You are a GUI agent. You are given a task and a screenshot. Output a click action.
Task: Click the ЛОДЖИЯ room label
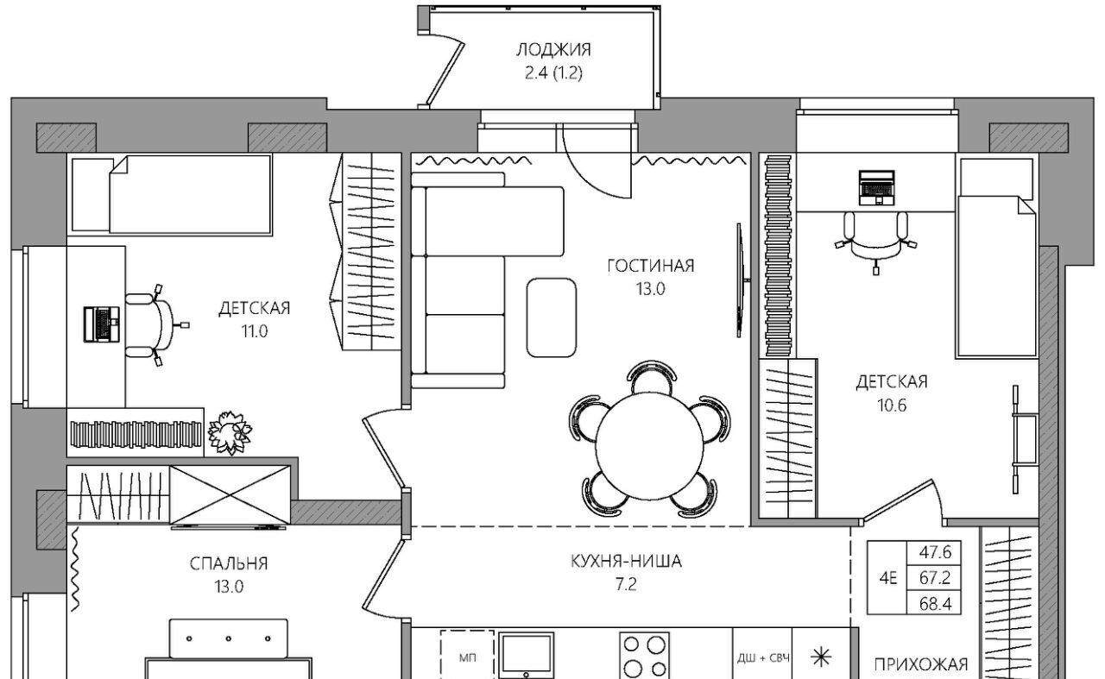(x=553, y=50)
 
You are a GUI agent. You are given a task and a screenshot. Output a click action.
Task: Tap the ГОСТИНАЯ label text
(x=650, y=267)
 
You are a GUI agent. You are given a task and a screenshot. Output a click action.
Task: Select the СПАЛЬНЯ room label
(x=229, y=563)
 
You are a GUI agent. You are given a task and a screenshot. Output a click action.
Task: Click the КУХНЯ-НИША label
(x=626, y=561)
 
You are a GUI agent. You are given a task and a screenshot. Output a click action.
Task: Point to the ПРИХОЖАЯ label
(x=920, y=664)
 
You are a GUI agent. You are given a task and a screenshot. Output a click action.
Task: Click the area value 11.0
(x=254, y=331)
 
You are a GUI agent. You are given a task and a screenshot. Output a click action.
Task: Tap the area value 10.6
(x=892, y=406)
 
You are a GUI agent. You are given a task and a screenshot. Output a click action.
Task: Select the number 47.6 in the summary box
(x=935, y=552)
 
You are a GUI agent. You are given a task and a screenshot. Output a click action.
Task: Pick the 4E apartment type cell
(x=888, y=578)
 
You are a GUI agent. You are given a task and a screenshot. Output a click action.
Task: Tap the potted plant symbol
(x=230, y=432)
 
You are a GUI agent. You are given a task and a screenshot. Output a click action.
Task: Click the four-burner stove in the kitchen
(x=644, y=656)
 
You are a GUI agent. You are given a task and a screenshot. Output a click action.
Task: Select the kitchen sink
(x=526, y=656)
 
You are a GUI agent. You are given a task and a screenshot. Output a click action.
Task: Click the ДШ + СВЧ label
(x=763, y=658)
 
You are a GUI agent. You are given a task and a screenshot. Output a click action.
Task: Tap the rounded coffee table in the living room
(x=551, y=317)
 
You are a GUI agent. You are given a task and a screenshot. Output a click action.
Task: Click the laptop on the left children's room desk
(x=102, y=324)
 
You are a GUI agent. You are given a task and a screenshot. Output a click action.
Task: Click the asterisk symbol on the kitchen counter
(x=821, y=657)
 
